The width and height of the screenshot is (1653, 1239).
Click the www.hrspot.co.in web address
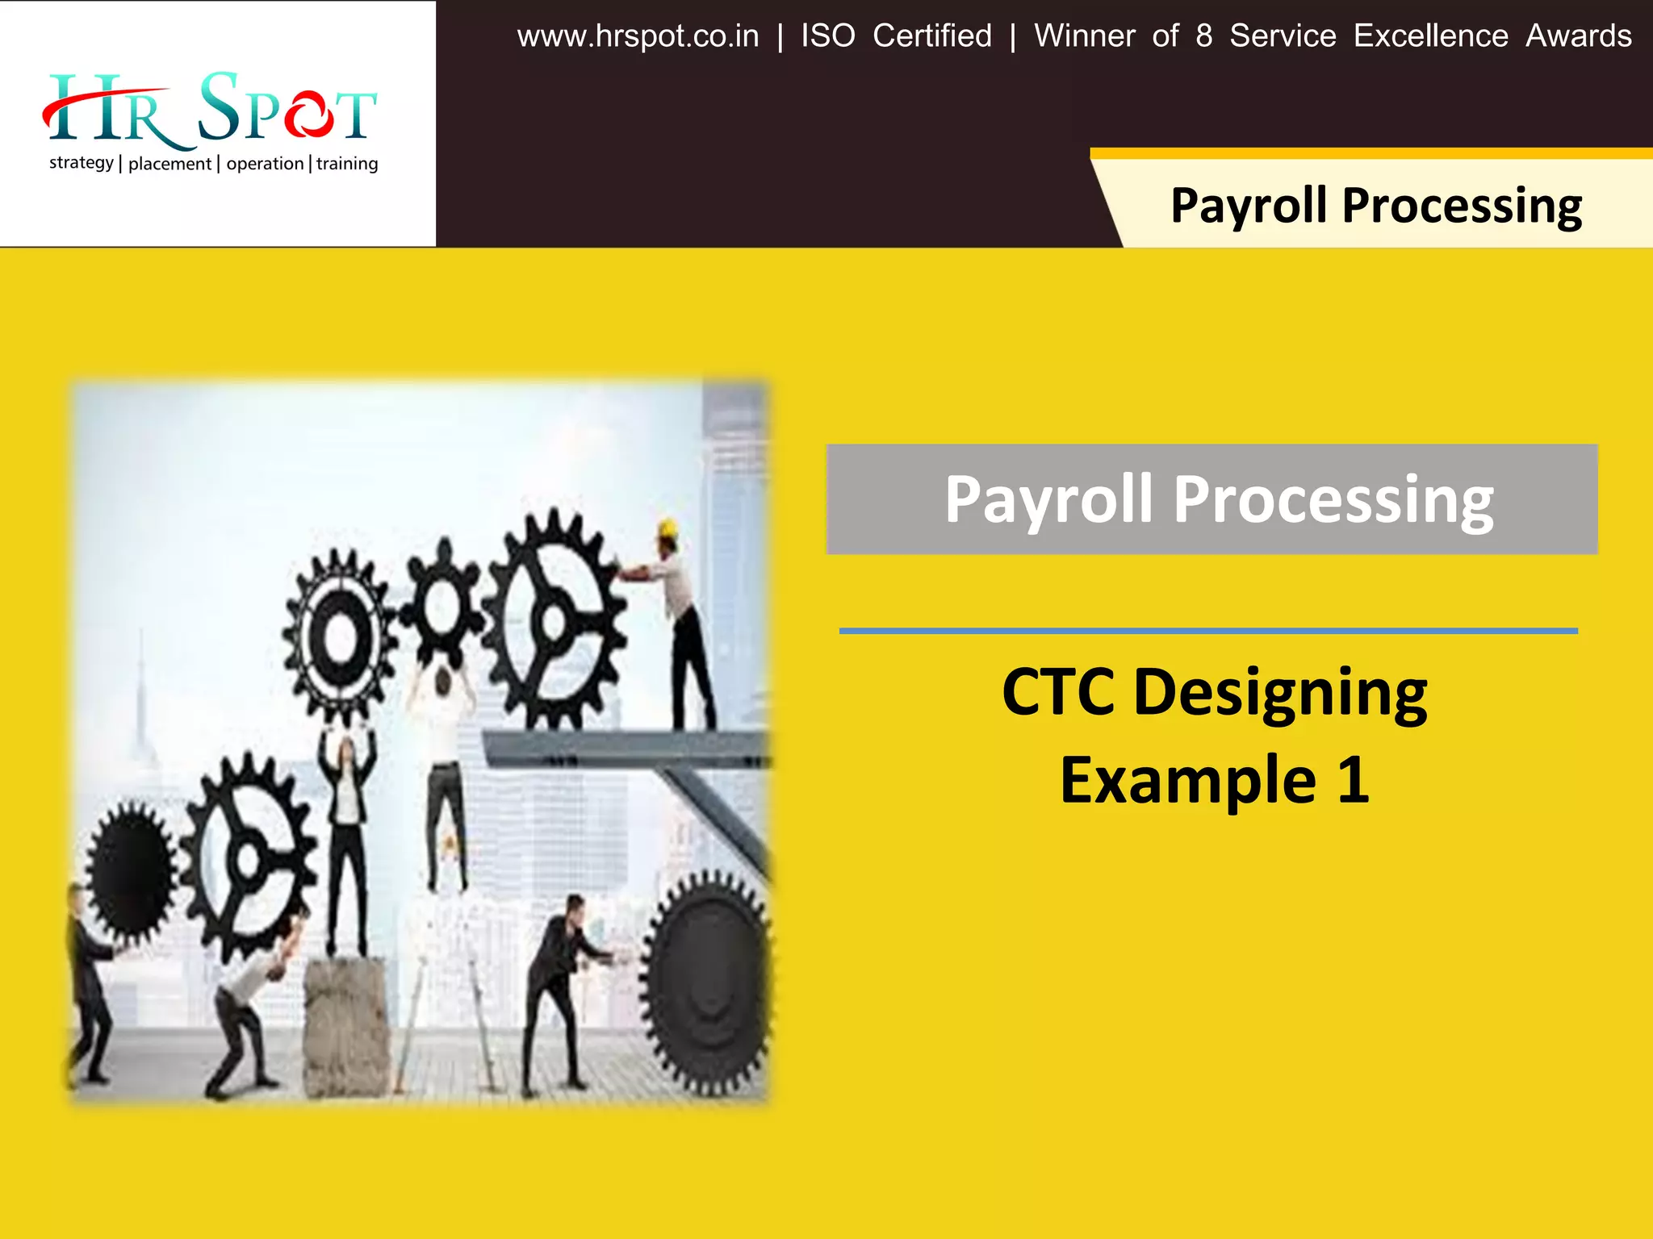tap(638, 37)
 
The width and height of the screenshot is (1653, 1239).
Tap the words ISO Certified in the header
tap(896, 37)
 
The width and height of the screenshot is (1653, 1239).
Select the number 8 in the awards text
tap(1203, 37)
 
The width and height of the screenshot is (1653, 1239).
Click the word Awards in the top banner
tap(1578, 37)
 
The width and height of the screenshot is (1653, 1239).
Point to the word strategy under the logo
tap(81, 163)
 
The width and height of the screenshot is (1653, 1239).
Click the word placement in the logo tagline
tap(169, 164)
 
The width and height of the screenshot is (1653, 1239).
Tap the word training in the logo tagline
tap(347, 164)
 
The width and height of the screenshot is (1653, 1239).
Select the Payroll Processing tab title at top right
tap(1376, 205)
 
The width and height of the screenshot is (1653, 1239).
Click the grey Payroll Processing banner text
tap(1219, 499)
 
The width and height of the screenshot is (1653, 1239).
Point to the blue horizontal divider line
tap(1208, 631)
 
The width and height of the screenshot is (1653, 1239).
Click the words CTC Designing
tap(1215, 692)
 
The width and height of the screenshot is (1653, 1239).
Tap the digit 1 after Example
tap(1353, 780)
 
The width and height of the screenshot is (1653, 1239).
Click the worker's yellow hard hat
tap(667, 529)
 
